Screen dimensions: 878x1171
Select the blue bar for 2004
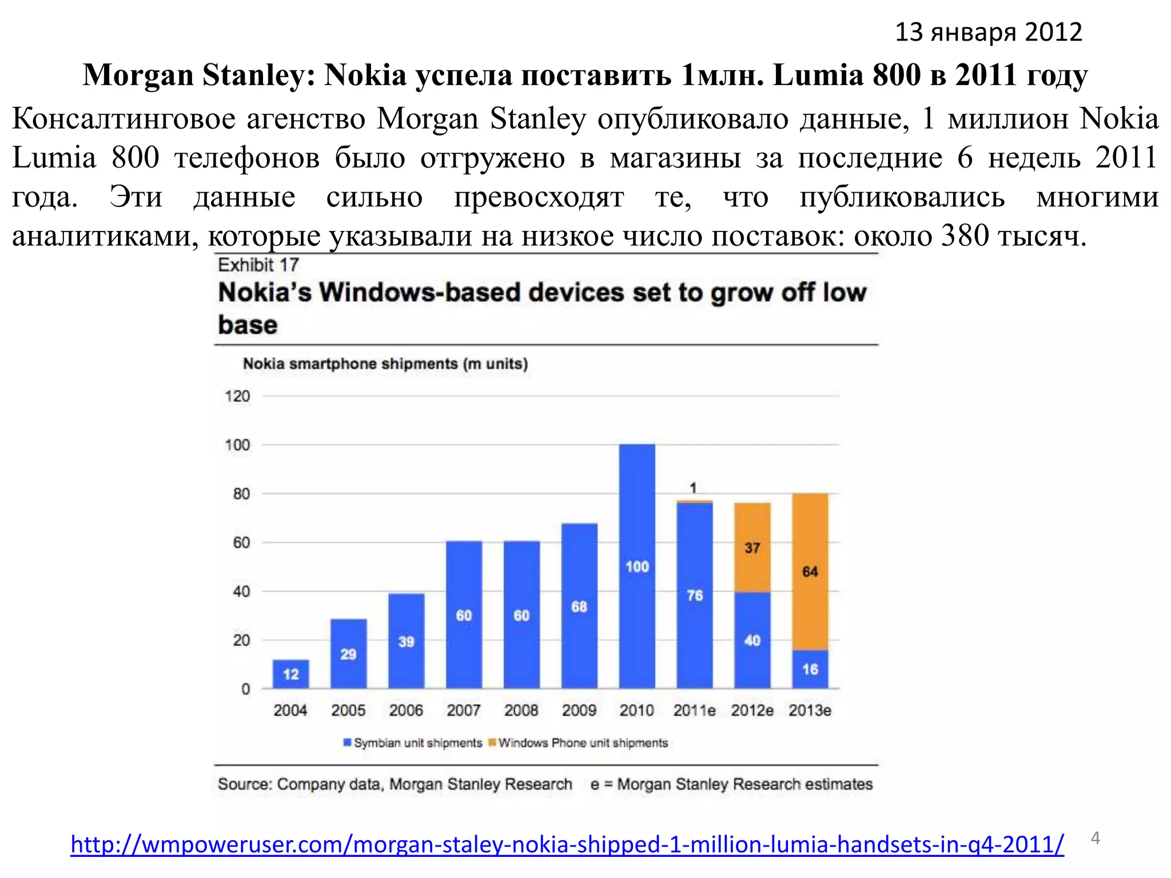point(290,675)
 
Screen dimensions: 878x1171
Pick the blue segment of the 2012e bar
point(752,640)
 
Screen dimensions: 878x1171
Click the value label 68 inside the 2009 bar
point(579,606)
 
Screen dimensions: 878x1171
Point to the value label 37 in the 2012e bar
point(752,548)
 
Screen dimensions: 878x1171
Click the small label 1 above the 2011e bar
point(693,488)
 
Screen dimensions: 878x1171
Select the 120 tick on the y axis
point(237,396)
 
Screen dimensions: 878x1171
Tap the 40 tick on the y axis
point(241,592)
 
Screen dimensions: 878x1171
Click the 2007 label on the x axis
point(463,711)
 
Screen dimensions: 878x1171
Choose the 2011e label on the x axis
point(694,711)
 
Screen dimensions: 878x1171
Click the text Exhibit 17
point(258,265)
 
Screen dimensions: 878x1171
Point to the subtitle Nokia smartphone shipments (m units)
point(385,364)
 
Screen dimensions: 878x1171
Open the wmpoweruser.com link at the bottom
point(567,844)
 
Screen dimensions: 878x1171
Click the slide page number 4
point(1096,838)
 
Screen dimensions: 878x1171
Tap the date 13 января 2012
point(988,32)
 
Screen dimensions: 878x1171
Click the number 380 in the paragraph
point(965,236)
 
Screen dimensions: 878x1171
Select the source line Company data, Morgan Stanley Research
point(395,784)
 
